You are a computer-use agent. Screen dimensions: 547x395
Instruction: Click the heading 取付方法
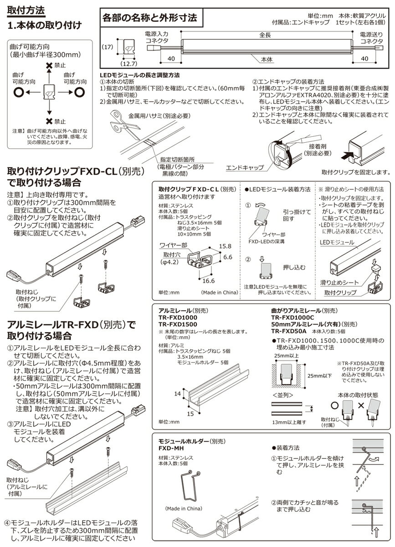point(26,10)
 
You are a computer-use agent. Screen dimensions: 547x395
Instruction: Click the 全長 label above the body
point(266,35)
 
